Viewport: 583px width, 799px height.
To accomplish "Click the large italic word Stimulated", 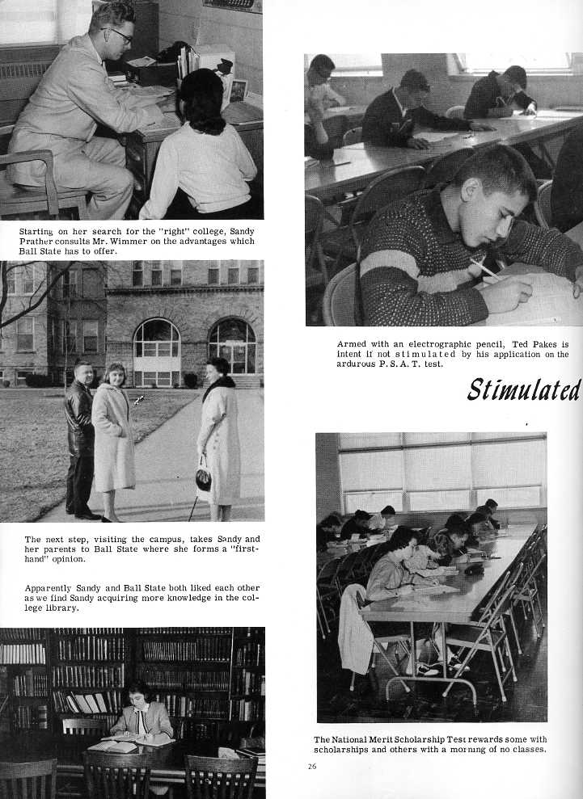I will coord(524,389).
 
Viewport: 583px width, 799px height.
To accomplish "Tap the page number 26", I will coord(312,766).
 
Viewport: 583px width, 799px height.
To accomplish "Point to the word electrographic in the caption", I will coord(416,344).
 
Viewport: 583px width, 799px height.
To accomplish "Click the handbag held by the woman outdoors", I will coord(203,478).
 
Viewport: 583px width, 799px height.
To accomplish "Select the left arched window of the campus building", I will coord(156,352).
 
